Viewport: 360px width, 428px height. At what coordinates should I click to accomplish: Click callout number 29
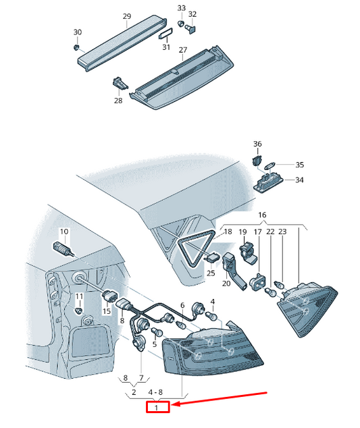click(127, 17)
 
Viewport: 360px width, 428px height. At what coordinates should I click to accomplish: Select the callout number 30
click(78, 32)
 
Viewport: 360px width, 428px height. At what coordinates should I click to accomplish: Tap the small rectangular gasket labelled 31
click(165, 34)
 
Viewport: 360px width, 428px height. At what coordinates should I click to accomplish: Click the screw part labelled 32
click(191, 28)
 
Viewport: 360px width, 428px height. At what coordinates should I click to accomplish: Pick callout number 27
click(183, 50)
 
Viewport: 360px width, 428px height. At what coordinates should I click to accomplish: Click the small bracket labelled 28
click(120, 83)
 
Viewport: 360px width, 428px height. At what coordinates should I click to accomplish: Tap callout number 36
click(257, 144)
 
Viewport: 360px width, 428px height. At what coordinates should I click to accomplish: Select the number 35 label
click(300, 165)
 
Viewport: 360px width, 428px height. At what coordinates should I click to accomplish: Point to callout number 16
click(262, 215)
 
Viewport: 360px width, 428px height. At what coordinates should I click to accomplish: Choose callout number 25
click(211, 273)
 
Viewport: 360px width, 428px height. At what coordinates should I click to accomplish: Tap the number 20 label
click(226, 284)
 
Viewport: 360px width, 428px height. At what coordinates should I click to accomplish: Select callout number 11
click(79, 296)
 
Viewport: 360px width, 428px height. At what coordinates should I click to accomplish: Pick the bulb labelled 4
click(213, 317)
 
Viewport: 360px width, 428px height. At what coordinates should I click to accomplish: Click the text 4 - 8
click(155, 392)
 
